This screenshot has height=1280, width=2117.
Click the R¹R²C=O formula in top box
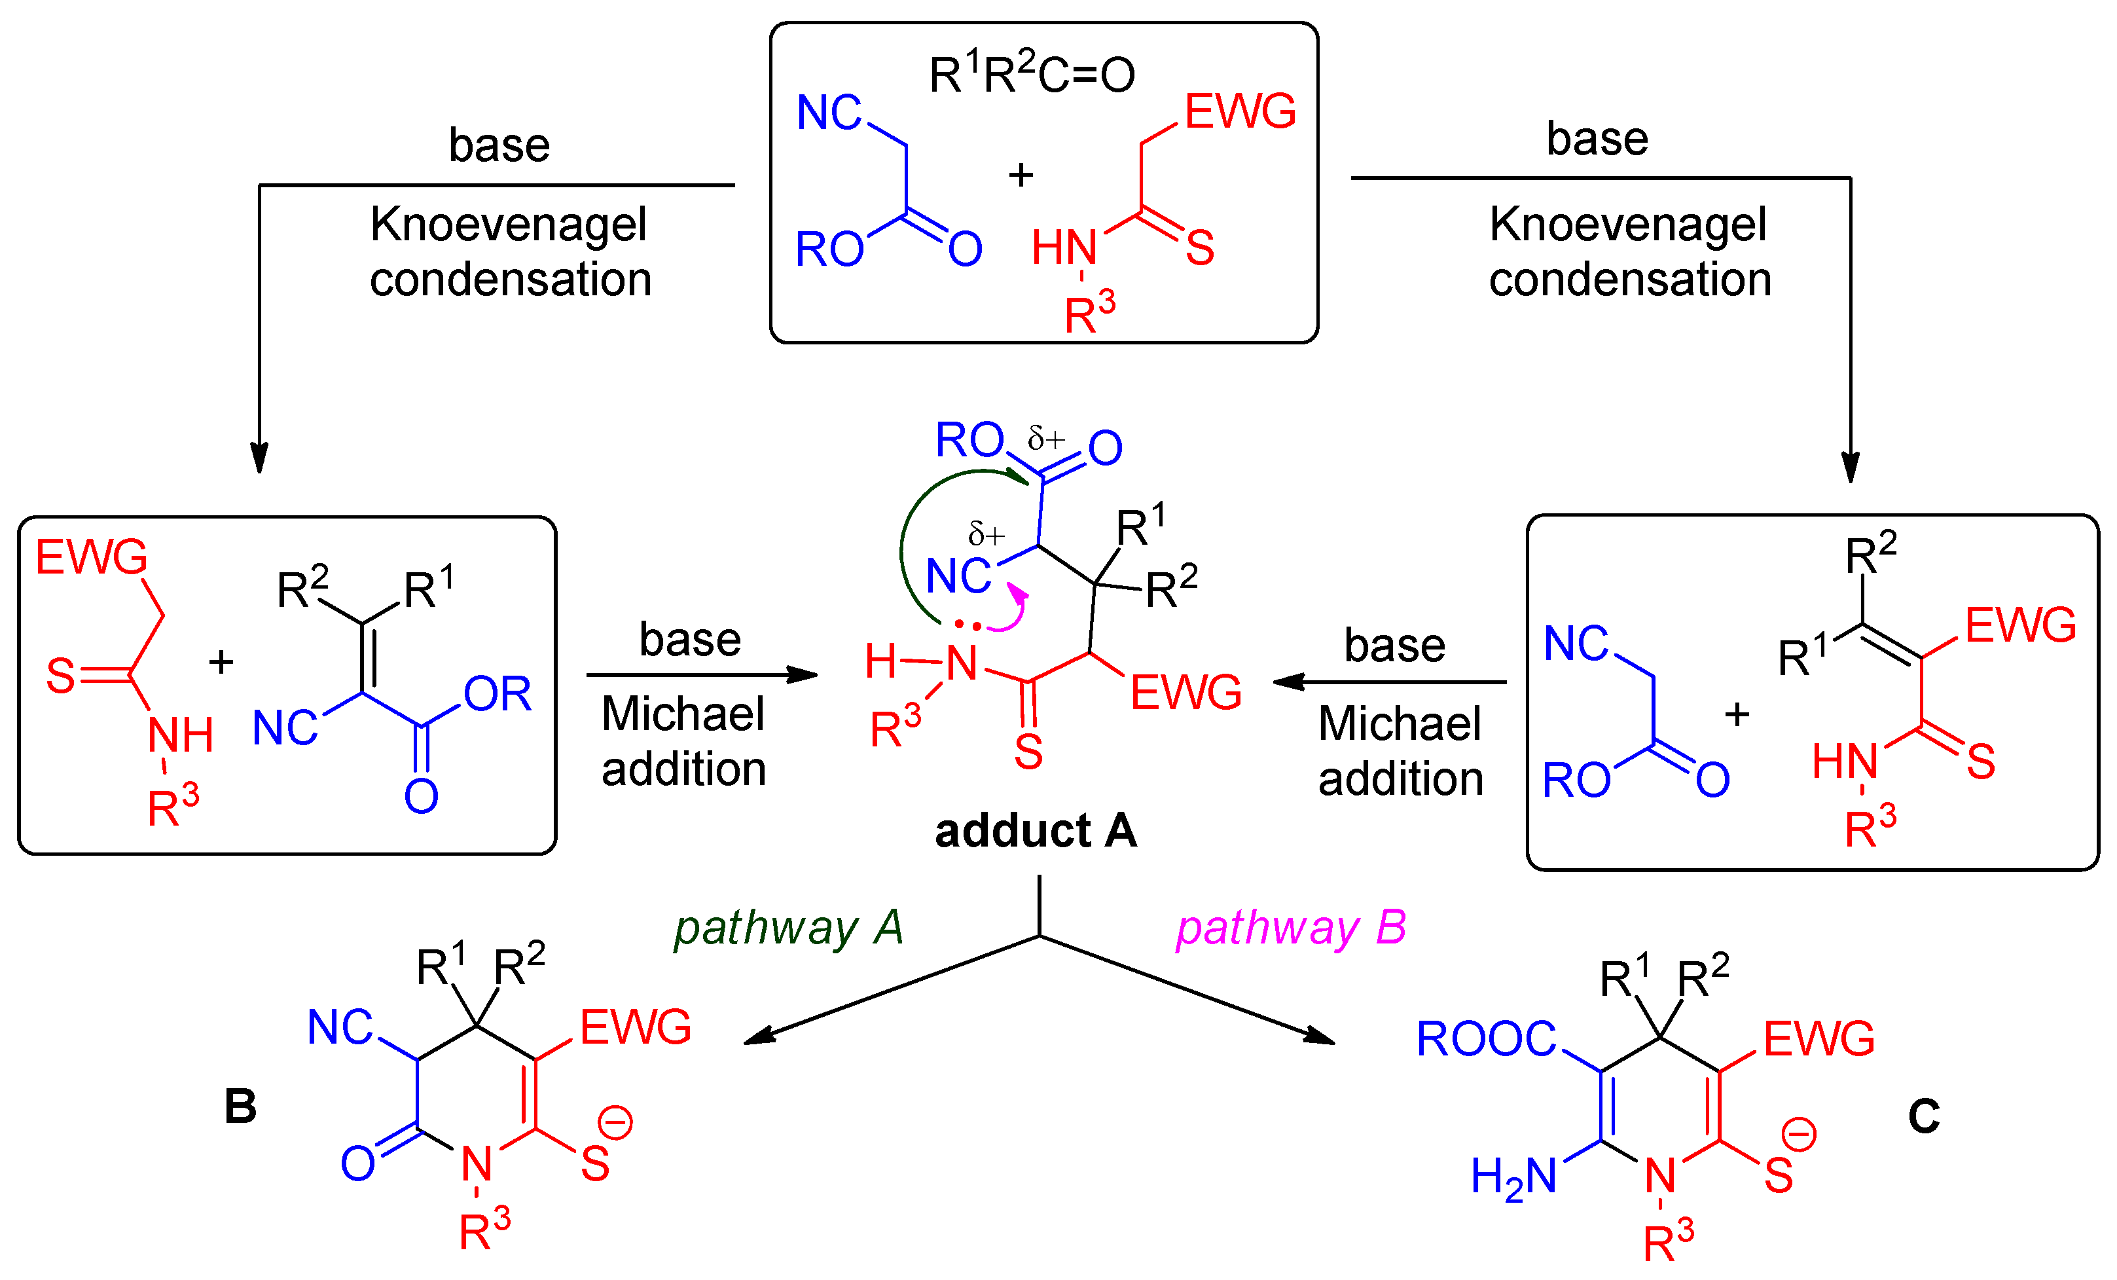click(x=1031, y=75)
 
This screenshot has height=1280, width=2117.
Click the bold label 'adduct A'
click(x=1036, y=831)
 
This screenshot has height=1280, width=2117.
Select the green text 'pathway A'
click(x=788, y=928)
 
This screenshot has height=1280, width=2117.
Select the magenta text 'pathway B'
click(x=1290, y=928)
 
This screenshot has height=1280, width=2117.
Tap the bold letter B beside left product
click(x=241, y=1106)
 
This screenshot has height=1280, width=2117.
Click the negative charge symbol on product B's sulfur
click(x=615, y=1123)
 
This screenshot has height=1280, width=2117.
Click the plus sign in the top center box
click(x=1021, y=175)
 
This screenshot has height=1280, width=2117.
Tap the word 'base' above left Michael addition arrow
click(x=690, y=639)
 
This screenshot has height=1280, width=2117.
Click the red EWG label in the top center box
click(x=1240, y=112)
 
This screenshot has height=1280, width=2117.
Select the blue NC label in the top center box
click(x=828, y=113)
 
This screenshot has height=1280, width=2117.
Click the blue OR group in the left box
click(x=498, y=693)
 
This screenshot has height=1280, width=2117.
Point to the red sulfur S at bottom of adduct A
click(x=1028, y=752)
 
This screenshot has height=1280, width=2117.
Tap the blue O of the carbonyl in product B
click(x=357, y=1164)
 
